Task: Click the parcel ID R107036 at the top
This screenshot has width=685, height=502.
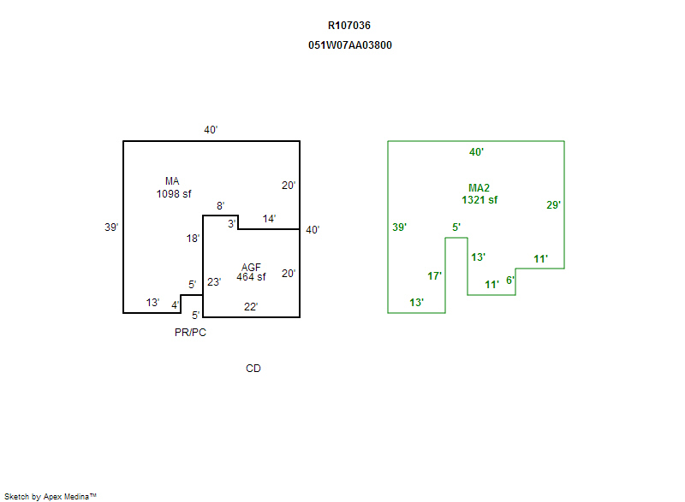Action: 349,26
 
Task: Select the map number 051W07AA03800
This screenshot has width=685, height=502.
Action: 350,45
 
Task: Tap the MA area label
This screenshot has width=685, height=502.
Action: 172,181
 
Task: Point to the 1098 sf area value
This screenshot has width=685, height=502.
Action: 173,194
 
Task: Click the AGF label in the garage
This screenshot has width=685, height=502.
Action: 251,267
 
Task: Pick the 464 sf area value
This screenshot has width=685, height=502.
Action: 251,277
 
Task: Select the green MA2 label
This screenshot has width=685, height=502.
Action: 479,188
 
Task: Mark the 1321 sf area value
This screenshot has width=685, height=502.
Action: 479,200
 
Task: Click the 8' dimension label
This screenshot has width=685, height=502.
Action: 220,206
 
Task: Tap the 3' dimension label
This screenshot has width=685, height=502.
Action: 231,223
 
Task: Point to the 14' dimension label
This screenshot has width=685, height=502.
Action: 269,219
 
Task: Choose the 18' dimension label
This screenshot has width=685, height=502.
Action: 194,239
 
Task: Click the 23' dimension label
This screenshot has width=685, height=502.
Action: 214,281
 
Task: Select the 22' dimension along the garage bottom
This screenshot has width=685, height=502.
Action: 250,307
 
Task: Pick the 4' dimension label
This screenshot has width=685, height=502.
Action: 175,304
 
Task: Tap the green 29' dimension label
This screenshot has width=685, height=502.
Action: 553,205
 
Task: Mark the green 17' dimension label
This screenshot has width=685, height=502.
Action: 434,276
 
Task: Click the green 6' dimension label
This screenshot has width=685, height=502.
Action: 509,281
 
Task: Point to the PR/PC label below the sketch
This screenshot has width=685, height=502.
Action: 190,333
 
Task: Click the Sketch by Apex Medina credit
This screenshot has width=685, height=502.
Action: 50,496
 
